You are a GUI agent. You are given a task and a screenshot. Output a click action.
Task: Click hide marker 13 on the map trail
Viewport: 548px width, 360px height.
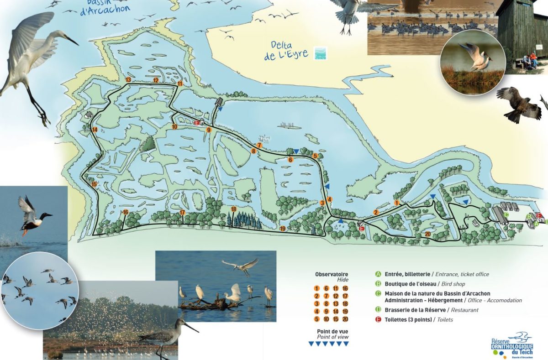(x=128, y=80)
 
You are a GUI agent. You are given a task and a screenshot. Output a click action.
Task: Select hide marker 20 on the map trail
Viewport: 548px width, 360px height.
(x=427, y=234)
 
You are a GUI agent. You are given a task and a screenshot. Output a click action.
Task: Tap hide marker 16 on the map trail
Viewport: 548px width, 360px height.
(x=126, y=212)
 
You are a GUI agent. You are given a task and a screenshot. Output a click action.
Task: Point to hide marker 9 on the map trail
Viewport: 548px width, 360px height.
(x=209, y=130)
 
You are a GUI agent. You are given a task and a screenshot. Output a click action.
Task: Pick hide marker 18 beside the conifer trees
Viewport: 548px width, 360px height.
(x=233, y=209)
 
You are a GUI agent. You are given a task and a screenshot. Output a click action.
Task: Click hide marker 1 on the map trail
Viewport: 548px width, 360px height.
(x=397, y=203)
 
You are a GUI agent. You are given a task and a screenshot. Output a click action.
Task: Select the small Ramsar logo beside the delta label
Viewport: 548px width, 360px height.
(x=321, y=53)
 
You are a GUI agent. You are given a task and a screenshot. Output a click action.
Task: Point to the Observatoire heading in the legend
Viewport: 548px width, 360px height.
(x=332, y=274)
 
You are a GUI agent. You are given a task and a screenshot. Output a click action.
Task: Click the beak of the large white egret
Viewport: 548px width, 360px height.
(x=73, y=41)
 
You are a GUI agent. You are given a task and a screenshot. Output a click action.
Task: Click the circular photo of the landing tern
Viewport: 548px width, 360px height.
(x=472, y=57)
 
